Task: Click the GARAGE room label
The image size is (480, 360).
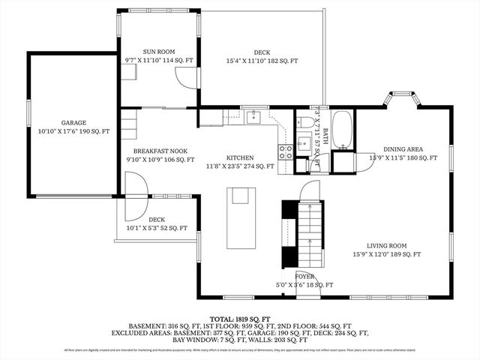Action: (73, 122)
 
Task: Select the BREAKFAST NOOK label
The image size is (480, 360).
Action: (160, 151)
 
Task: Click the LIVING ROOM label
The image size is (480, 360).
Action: (386, 245)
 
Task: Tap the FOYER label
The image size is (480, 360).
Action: (304, 276)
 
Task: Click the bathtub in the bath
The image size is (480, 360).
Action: (344, 130)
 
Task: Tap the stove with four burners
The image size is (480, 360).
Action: (286, 152)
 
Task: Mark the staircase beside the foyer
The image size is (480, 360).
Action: (310, 232)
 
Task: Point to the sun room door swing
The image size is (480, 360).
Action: (184, 77)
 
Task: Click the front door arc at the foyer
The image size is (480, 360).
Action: (306, 279)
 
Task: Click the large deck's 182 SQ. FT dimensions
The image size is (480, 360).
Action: (262, 61)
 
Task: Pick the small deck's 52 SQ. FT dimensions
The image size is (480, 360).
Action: (157, 228)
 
